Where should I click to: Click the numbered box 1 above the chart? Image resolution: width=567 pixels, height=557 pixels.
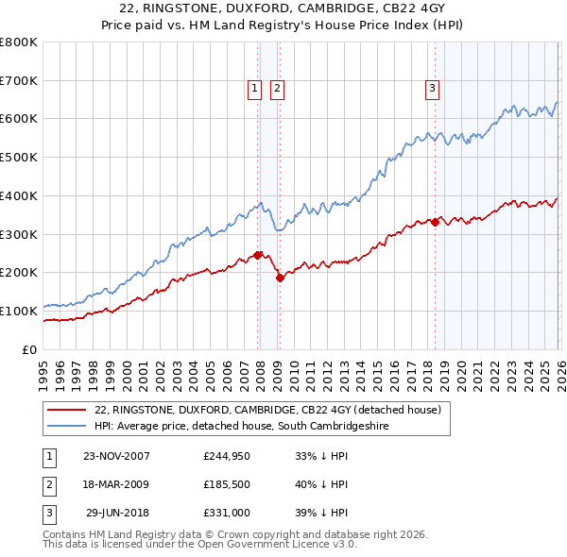click(255, 89)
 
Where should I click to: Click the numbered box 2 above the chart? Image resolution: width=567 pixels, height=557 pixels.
click(277, 89)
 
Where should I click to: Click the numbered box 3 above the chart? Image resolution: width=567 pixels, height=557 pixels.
click(432, 89)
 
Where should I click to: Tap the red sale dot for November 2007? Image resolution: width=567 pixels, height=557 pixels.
click(258, 255)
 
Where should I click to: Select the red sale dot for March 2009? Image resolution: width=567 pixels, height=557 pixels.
click(280, 278)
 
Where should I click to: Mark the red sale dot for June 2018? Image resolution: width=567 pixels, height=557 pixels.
click(435, 222)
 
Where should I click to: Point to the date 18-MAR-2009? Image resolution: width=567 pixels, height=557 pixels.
click(117, 485)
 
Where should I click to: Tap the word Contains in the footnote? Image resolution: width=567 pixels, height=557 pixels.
click(67, 534)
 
